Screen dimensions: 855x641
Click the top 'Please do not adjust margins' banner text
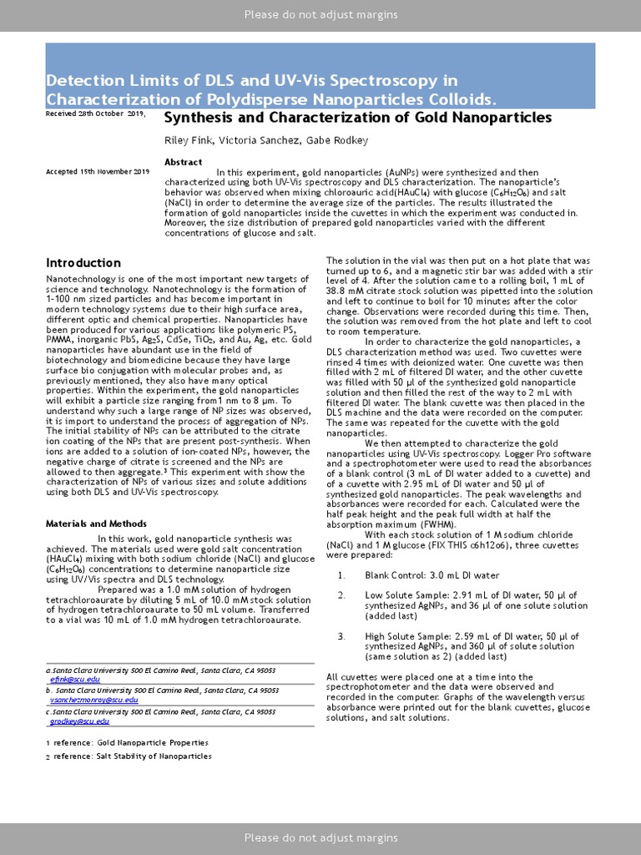pyautogui.click(x=320, y=15)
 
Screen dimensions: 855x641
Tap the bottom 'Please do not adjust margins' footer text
pyautogui.click(x=320, y=837)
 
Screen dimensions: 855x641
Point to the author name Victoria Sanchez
pyautogui.click(x=258, y=140)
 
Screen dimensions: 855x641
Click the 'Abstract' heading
pyautogui.click(x=184, y=162)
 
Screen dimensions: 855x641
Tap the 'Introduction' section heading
pyautogui.click(x=83, y=263)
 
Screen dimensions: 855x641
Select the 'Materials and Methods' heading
pyautogui.click(x=90, y=524)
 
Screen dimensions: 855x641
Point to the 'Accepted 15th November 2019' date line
pyautogui.click(x=98, y=172)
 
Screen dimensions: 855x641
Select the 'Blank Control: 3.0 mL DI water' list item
pyautogui.click(x=432, y=575)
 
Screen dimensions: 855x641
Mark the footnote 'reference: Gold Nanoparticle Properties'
pyautogui.click(x=130, y=742)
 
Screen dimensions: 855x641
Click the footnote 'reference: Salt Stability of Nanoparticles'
pyautogui.click(x=133, y=756)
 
